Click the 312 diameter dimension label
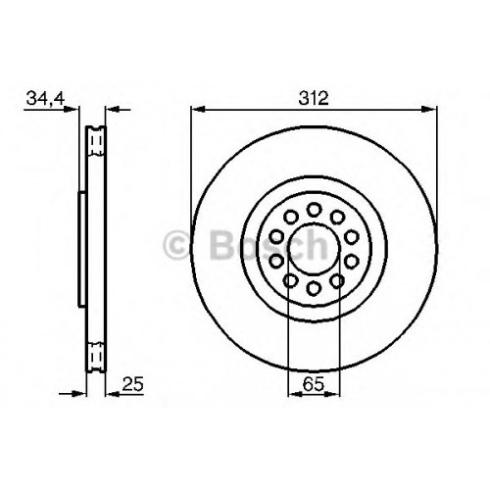point(313,98)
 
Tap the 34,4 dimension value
point(46,98)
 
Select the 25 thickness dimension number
point(132,384)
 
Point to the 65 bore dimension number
point(313,384)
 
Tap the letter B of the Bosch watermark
point(223,245)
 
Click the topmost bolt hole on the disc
point(314,209)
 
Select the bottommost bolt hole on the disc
point(314,288)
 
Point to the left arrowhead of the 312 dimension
point(197,110)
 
